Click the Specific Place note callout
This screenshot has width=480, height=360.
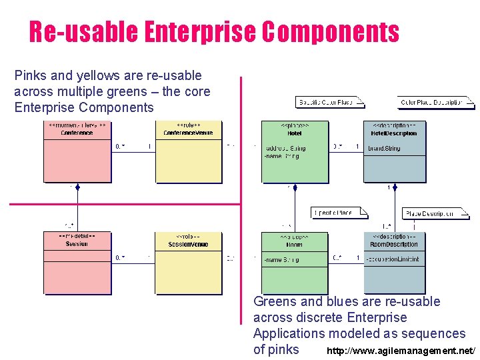[x=339, y=213]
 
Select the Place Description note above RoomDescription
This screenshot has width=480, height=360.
[x=435, y=214]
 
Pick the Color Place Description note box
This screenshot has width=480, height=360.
[x=435, y=102]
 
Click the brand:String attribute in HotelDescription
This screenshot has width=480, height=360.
[x=384, y=148]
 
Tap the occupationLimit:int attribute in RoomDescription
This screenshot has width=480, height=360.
[x=394, y=259]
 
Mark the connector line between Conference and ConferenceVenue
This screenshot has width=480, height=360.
[x=133, y=152]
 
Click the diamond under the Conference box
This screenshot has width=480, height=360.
[x=77, y=188]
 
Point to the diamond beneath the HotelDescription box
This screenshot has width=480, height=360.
[x=395, y=188]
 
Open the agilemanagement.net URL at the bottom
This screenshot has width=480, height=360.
[x=401, y=351]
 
